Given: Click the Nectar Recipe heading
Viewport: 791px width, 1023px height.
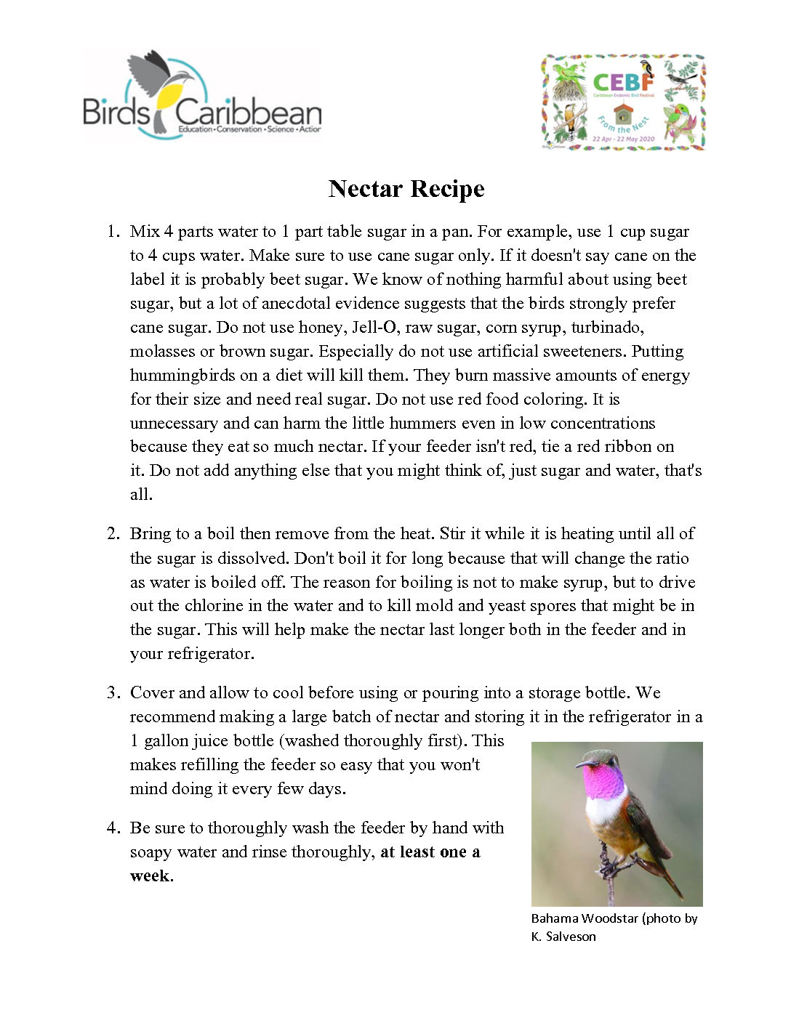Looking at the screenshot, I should pyautogui.click(x=406, y=189).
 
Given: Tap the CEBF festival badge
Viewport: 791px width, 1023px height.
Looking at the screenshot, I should pyautogui.click(x=623, y=102).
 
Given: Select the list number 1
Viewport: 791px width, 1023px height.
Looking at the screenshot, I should pyautogui.click(x=113, y=232).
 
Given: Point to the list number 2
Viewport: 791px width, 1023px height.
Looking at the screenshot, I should pyautogui.click(x=113, y=534).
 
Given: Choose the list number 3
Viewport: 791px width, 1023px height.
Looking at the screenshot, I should pyautogui.click(x=113, y=693).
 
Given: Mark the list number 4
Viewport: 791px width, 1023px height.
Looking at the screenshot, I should pyautogui.click(x=113, y=828).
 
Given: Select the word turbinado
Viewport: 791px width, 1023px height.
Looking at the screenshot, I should pyautogui.click(x=607, y=328).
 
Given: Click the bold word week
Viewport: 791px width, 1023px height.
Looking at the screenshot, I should pyautogui.click(x=151, y=876).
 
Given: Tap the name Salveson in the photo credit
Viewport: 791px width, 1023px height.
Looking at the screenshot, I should pyautogui.click(x=571, y=937).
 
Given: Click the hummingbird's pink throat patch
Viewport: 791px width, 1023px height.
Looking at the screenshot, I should pyautogui.click(x=603, y=780).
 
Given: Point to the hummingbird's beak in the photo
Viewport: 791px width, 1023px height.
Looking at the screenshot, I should pyautogui.click(x=580, y=764).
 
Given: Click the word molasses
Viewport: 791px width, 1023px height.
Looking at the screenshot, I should pyautogui.click(x=162, y=352).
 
